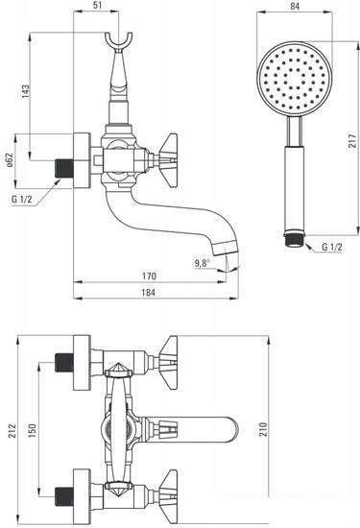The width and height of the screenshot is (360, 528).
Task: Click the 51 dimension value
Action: point(96,5)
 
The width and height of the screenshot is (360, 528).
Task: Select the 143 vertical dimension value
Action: point(26,91)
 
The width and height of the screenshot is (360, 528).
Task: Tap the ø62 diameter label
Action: point(10,159)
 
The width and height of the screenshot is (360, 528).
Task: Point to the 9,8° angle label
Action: point(202,263)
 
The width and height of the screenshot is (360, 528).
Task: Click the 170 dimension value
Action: point(149,276)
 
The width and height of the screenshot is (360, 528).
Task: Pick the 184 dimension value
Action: point(149,292)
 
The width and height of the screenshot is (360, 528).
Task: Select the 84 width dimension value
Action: point(295,6)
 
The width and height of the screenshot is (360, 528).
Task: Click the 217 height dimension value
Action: point(352,141)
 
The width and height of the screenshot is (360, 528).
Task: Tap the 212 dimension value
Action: point(12,431)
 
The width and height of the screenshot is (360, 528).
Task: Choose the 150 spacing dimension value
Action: point(32,431)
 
